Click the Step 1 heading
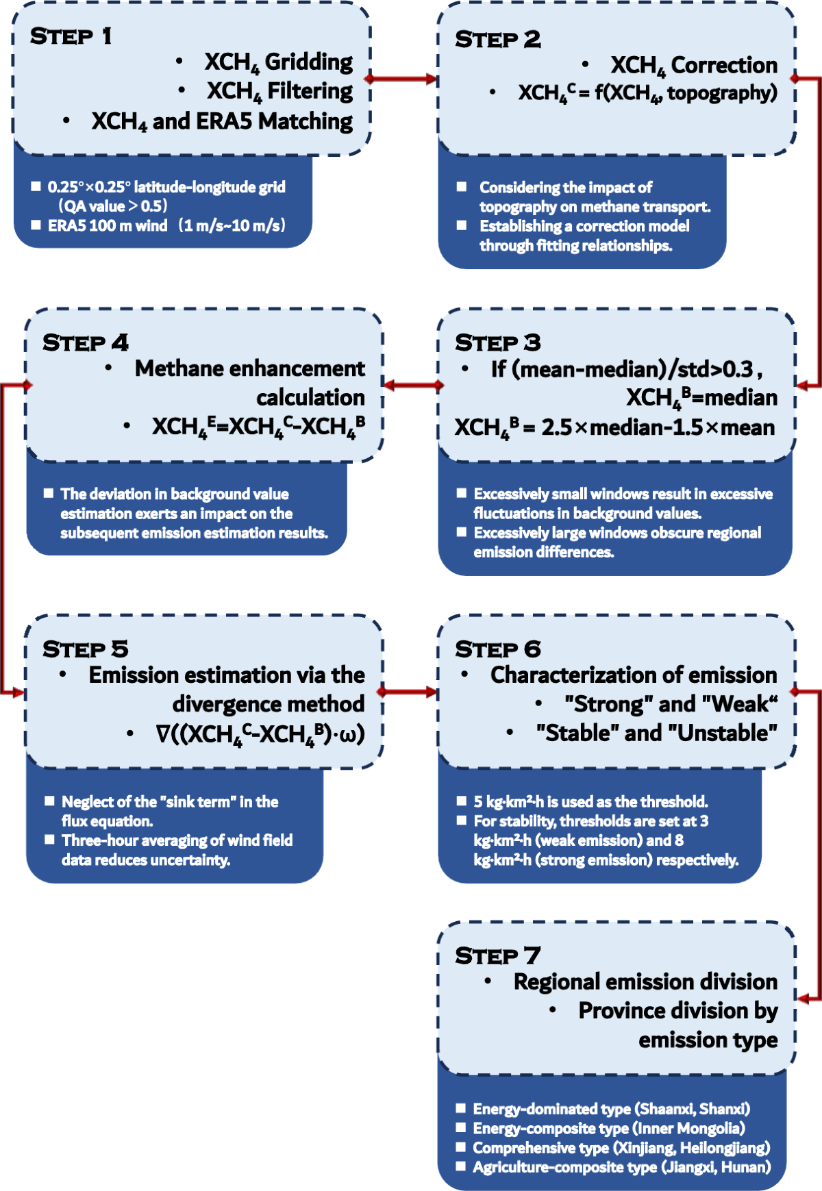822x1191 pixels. point(71,36)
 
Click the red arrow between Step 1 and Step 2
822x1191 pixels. point(403,79)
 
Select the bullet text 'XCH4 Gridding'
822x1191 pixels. point(278,62)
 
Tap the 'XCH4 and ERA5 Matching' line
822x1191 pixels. point(222,121)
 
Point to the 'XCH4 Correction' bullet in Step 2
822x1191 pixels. point(693,66)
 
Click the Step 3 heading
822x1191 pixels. point(497,342)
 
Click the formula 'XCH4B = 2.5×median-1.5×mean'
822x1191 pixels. point(614,428)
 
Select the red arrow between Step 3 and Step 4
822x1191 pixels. point(412,386)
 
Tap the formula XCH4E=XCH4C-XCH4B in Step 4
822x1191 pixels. point(258,427)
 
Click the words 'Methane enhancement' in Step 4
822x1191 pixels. point(249,368)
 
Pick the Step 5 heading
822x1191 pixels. point(85,649)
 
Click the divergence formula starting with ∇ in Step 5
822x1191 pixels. point(260,734)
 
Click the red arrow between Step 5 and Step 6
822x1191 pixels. point(408,692)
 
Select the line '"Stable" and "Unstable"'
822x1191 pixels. point(656,733)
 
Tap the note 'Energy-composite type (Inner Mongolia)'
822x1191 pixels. point(608,1128)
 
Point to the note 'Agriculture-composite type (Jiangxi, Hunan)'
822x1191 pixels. point(621,1167)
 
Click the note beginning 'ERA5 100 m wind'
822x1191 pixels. point(166,225)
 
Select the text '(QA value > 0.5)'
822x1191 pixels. point(113,206)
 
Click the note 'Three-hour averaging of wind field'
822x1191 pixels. point(177,840)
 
